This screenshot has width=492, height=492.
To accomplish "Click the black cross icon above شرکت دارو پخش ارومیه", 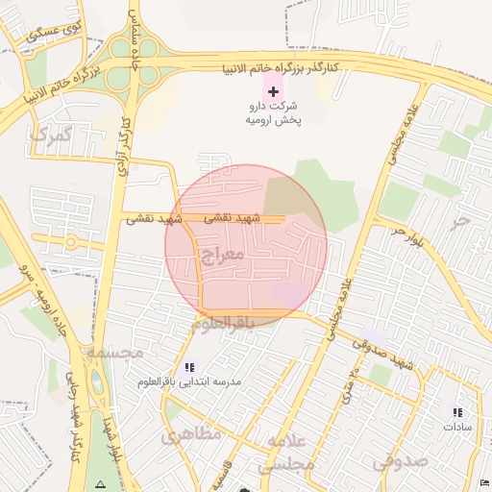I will tap(274, 92).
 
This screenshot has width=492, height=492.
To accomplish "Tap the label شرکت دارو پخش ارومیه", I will tap(274, 113).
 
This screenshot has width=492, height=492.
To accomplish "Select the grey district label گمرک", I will tap(51, 134).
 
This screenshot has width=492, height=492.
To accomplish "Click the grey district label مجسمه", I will tap(114, 353).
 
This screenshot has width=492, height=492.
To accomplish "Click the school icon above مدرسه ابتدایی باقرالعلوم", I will tap(189, 367).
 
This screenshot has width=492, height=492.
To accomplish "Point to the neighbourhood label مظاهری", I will tap(191, 434).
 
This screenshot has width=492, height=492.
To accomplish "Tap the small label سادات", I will tap(457, 425).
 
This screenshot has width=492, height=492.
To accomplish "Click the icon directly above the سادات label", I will tap(457, 411).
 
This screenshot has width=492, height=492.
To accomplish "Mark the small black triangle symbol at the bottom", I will tap(101, 481).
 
